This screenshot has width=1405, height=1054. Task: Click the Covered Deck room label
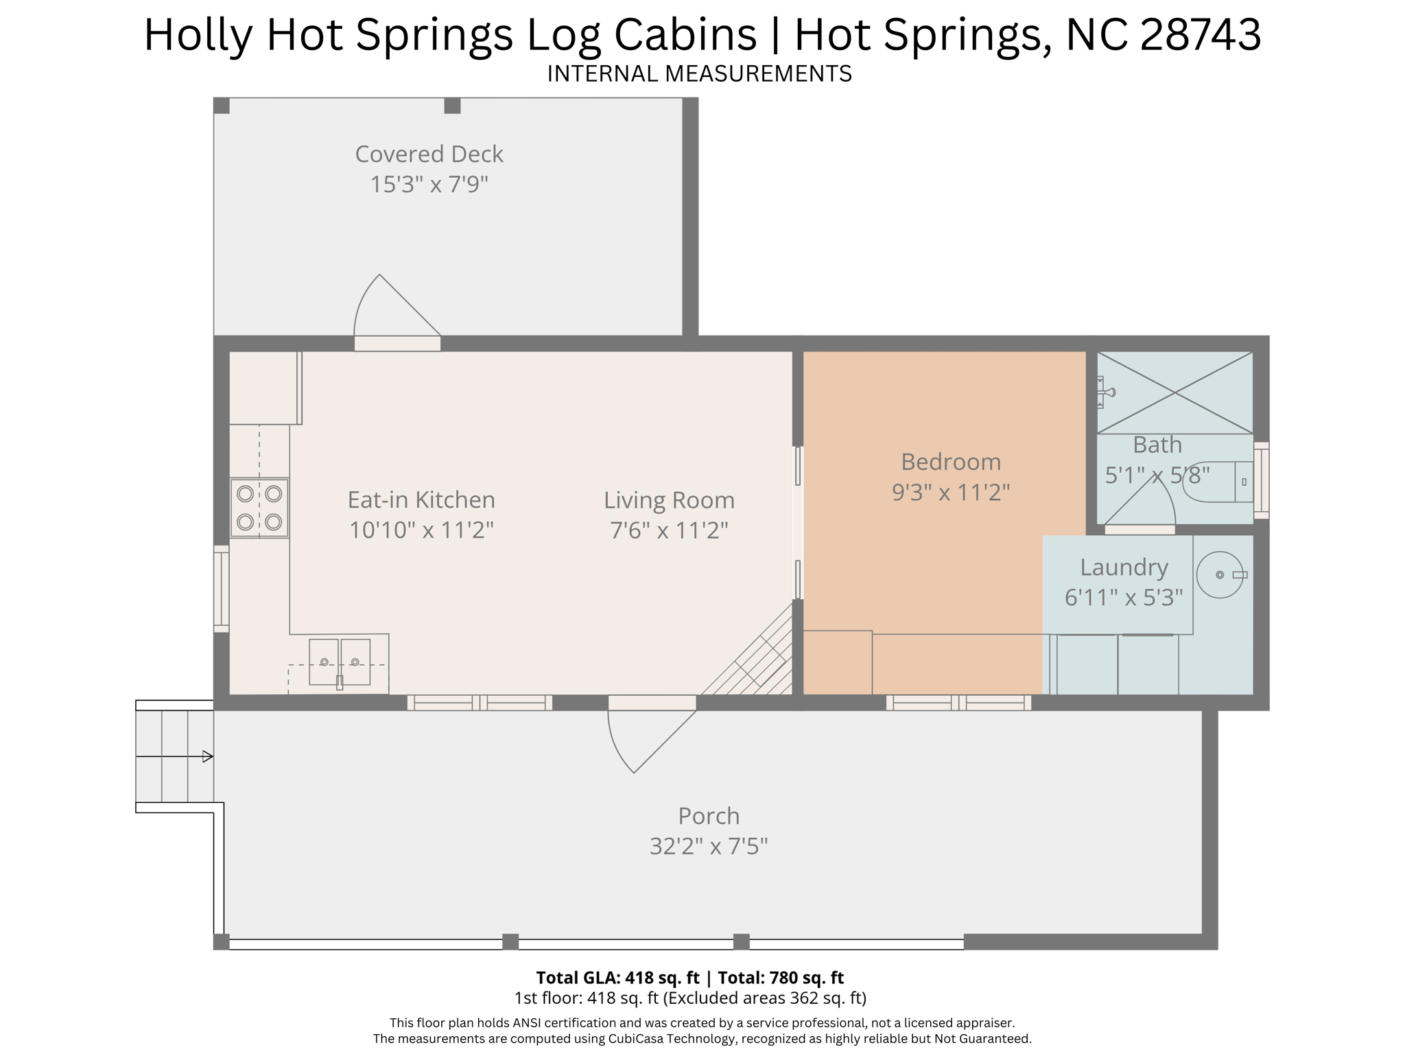click(429, 154)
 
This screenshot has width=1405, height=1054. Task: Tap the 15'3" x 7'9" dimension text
click(429, 185)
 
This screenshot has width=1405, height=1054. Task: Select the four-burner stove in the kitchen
click(259, 508)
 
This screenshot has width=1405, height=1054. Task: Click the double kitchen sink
click(340, 662)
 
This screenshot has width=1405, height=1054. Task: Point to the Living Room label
click(669, 500)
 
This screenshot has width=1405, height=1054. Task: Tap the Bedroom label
click(950, 462)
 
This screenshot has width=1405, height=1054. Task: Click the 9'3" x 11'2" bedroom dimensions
click(950, 492)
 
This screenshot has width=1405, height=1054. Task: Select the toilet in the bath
click(1225, 482)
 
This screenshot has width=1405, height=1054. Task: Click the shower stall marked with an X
click(1174, 393)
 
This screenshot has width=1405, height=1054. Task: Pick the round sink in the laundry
click(1220, 575)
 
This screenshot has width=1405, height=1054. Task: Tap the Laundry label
click(1124, 567)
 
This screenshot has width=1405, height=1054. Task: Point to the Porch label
click(709, 816)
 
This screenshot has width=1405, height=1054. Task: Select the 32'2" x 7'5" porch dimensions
click(709, 847)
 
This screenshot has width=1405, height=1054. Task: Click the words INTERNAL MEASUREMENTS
click(699, 73)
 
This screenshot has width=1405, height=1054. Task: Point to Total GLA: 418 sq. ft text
click(617, 978)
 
